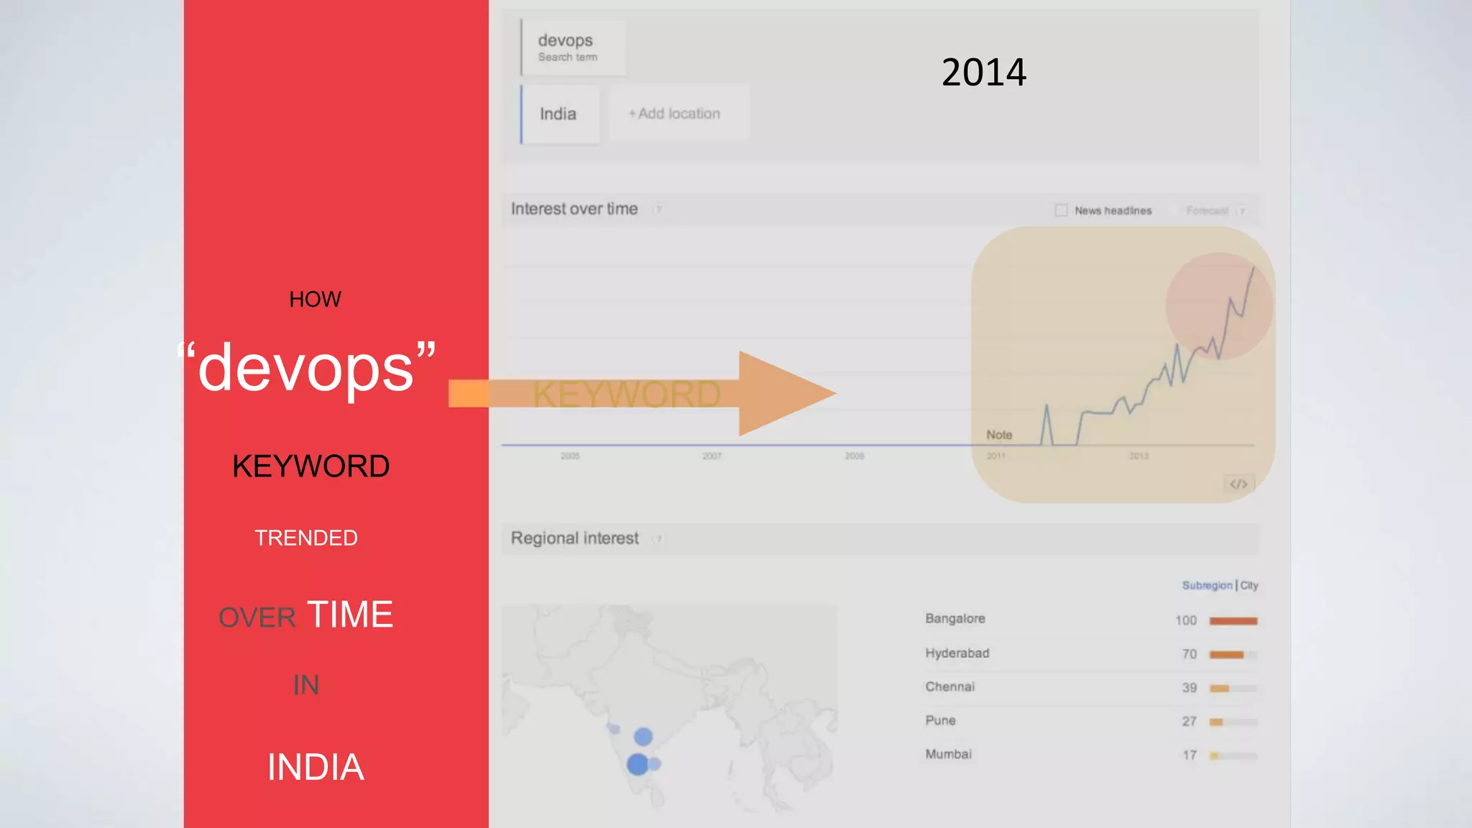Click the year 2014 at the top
click(983, 73)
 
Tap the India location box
click(559, 114)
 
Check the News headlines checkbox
click(1061, 210)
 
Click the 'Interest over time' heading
click(574, 209)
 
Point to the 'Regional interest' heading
click(574, 538)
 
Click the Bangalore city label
click(955, 619)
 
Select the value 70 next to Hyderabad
click(1190, 654)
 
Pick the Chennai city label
click(950, 687)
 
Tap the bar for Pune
click(1216, 722)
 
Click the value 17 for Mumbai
click(1190, 755)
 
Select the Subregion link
click(1207, 586)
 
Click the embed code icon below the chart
click(1238, 484)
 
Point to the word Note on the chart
click(999, 435)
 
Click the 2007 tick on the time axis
click(712, 456)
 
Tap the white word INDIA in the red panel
click(316, 767)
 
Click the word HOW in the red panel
click(315, 299)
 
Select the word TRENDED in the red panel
click(306, 538)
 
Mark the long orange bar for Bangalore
click(1233, 621)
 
